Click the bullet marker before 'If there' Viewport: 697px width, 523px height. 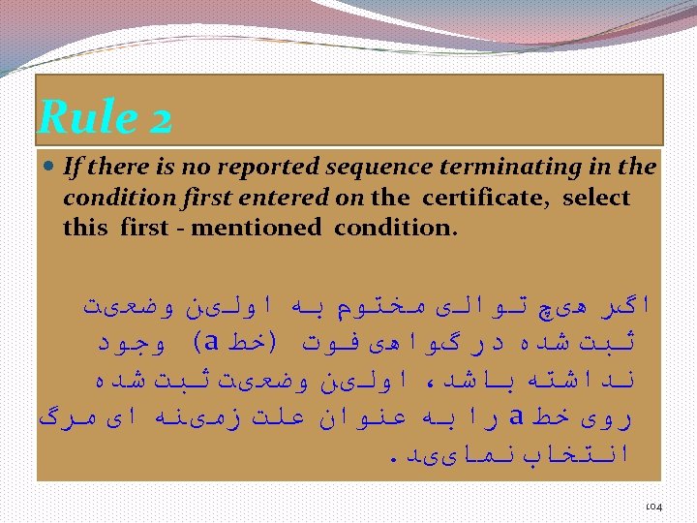pos(49,167)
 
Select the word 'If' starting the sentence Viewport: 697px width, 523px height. pos(71,168)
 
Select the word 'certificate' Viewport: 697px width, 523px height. pos(486,198)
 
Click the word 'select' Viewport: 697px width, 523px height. pos(596,198)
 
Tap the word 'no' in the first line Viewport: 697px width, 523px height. pos(189,168)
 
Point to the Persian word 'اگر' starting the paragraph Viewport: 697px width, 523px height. pos(635,307)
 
